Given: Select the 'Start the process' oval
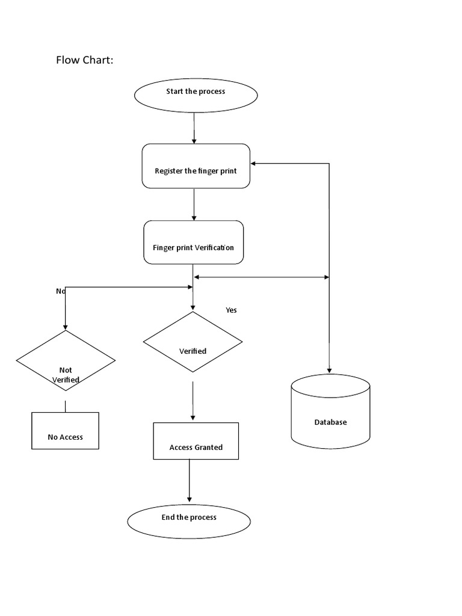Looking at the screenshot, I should tap(196, 95).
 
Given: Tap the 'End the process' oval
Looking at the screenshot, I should tap(189, 520).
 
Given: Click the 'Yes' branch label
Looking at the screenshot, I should tap(231, 310).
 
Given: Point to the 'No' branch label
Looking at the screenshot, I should tap(60, 291).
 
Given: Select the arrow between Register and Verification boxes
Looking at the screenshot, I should tap(194, 205).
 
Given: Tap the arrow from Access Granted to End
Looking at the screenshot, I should tap(189, 481).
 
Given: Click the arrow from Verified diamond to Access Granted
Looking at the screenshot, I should tap(192, 401).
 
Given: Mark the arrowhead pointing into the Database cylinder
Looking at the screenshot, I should tap(329, 370).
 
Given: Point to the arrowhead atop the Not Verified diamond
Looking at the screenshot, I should tap(65, 326).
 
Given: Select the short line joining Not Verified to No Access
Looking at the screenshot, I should tap(66, 405).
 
